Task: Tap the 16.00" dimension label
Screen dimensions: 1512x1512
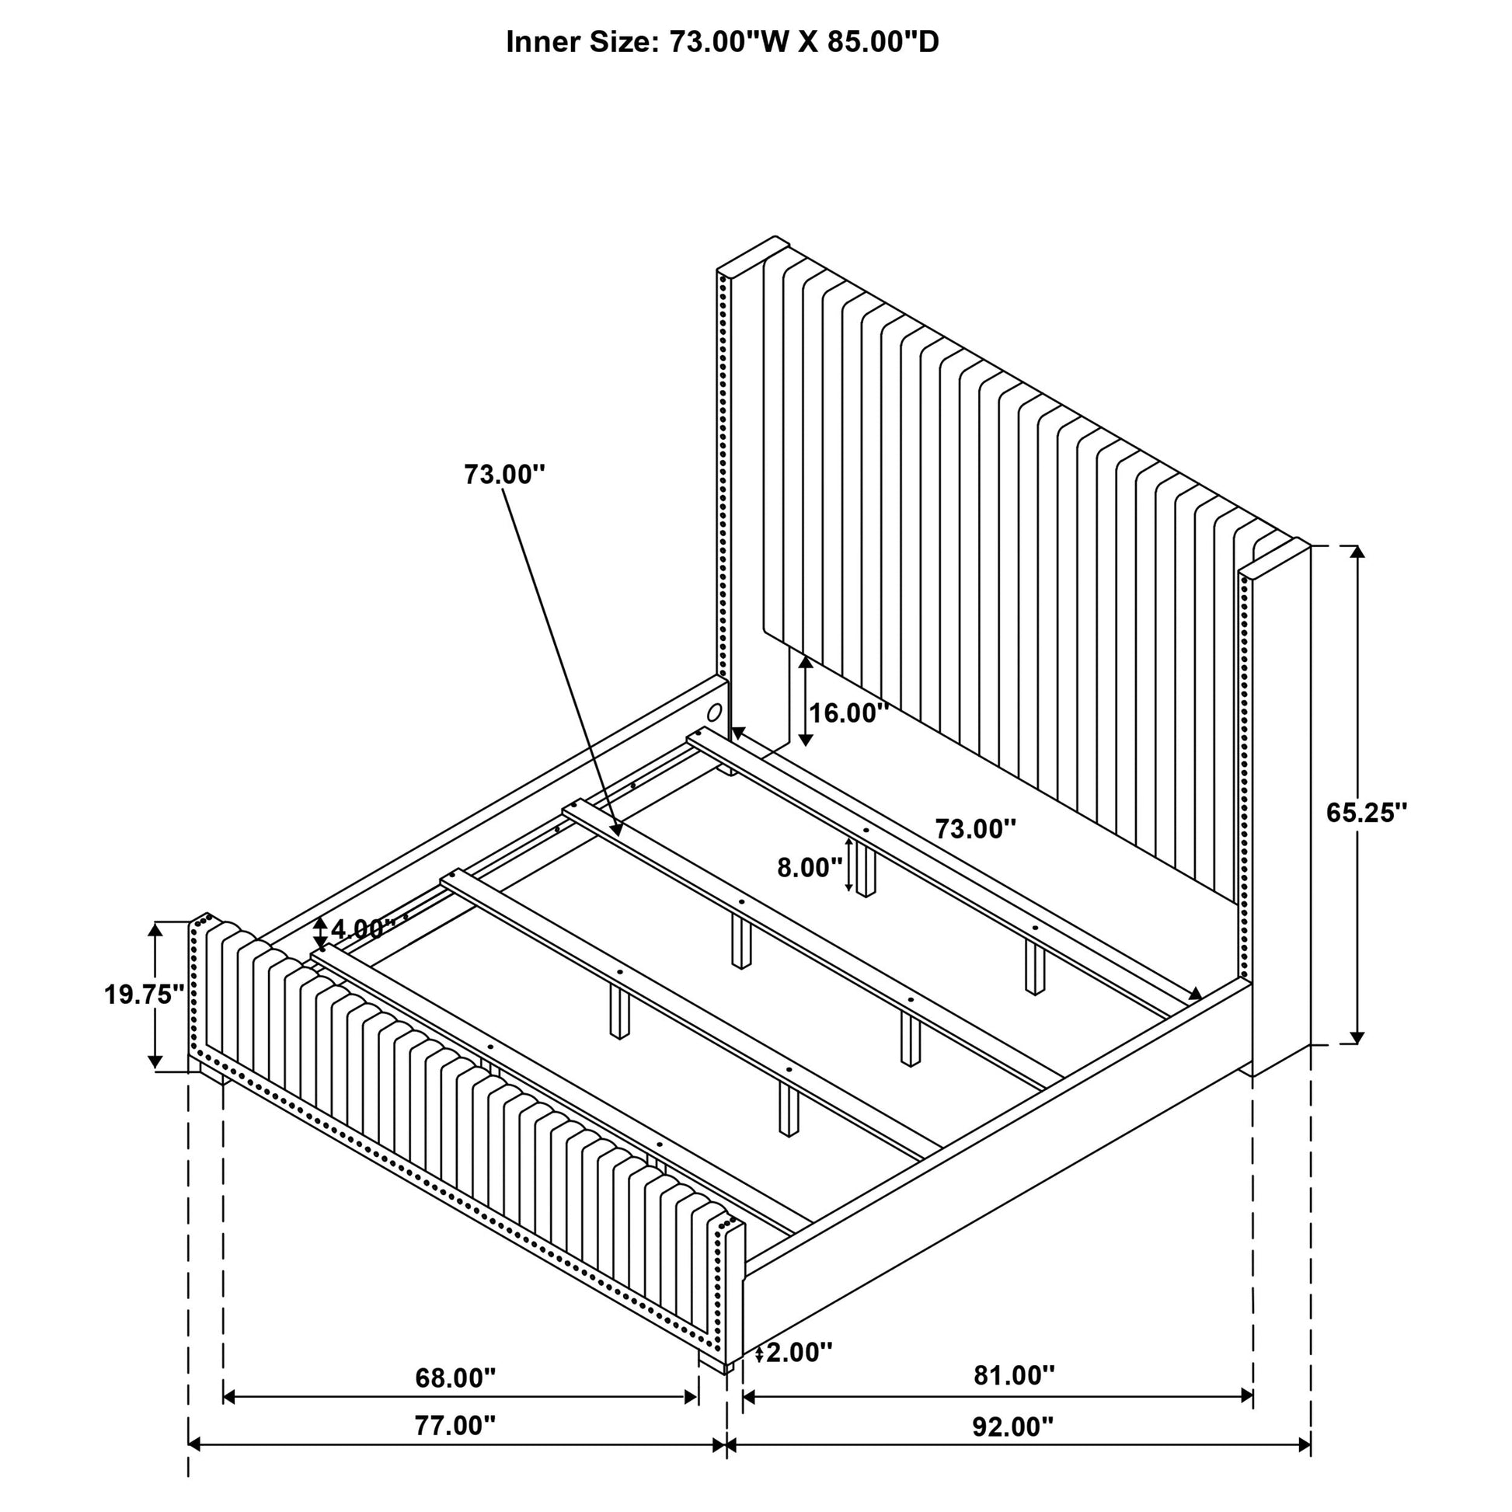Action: click(x=848, y=713)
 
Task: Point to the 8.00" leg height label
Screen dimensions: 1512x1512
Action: click(x=810, y=867)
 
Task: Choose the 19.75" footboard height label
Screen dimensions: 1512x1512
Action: click(x=144, y=995)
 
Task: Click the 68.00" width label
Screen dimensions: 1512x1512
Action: click(x=455, y=1400)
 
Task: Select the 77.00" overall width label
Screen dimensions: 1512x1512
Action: click(x=455, y=1447)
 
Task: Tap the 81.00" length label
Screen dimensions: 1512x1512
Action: click(x=1014, y=1397)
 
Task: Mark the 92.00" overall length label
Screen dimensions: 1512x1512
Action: click(x=1013, y=1448)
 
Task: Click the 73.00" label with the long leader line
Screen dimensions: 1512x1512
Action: click(x=505, y=474)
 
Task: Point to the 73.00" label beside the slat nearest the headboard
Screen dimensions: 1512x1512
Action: click(x=976, y=829)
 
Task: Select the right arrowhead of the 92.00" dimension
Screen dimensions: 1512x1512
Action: click(x=1303, y=1467)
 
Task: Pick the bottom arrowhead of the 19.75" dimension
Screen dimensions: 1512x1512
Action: click(x=155, y=1061)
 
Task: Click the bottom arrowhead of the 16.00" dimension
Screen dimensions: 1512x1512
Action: click(x=805, y=740)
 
